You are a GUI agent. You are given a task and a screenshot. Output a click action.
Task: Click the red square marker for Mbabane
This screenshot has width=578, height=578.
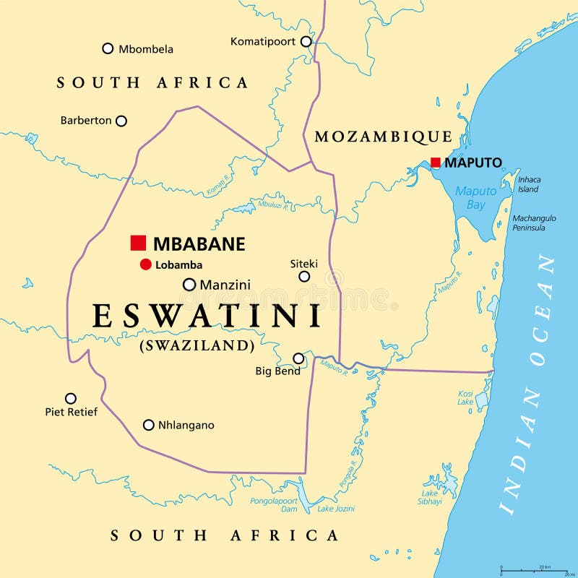pyautogui.click(x=138, y=243)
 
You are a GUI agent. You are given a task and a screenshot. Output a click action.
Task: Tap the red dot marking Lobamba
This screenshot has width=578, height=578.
pyautogui.click(x=145, y=264)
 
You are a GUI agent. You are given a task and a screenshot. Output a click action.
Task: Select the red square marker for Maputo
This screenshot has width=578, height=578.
pyautogui.click(x=436, y=163)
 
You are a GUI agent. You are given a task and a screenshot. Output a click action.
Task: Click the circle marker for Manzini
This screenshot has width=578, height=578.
pyautogui.click(x=189, y=285)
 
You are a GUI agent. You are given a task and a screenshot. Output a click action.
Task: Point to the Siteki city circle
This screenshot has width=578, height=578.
pyautogui.click(x=304, y=276)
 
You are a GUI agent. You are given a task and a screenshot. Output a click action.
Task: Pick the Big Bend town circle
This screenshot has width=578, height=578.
pyautogui.click(x=298, y=358)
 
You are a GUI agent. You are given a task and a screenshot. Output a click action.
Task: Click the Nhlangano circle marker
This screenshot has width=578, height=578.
pyautogui.click(x=149, y=425)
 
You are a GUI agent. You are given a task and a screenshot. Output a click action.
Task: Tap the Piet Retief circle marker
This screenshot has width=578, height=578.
pyautogui.click(x=71, y=398)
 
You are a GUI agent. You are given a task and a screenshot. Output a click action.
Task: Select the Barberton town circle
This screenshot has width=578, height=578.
pyautogui.click(x=121, y=121)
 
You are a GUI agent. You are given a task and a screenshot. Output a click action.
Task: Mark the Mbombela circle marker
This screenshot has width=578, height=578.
pyautogui.click(x=108, y=48)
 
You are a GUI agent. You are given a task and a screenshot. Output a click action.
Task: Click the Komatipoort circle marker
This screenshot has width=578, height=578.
pyautogui.click(x=306, y=41)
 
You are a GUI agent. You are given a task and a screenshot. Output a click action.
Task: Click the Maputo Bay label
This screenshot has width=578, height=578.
pyautogui.click(x=475, y=198)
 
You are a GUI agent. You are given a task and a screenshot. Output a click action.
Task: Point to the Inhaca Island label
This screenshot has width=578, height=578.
pyautogui.click(x=529, y=184)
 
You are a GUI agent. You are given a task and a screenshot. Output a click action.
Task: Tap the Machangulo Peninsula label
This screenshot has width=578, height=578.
pyautogui.click(x=534, y=223)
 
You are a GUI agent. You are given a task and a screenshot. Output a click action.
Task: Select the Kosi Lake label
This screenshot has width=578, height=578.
pyautogui.click(x=465, y=398)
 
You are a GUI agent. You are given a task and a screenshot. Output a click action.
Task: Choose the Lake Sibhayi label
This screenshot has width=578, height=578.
pyautogui.click(x=430, y=498)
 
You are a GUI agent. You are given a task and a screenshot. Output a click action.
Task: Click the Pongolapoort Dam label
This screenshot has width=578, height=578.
pyautogui.click(x=274, y=504)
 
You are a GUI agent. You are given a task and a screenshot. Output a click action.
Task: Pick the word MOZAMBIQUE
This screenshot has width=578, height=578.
pyautogui.click(x=383, y=137)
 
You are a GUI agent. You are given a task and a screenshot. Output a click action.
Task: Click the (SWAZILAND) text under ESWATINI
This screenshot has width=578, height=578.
pyautogui.click(x=197, y=345)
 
